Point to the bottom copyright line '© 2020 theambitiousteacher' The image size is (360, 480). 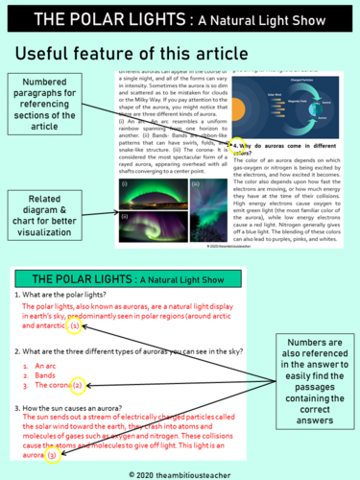[180, 472]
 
